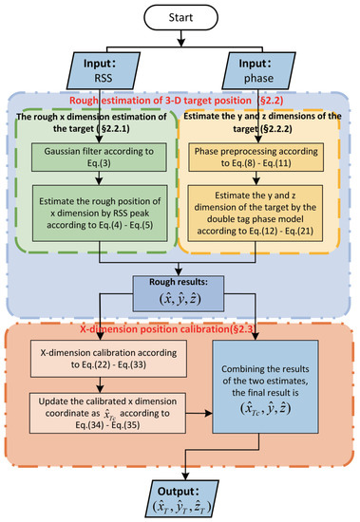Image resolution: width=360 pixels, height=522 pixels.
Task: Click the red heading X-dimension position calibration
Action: point(180,329)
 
